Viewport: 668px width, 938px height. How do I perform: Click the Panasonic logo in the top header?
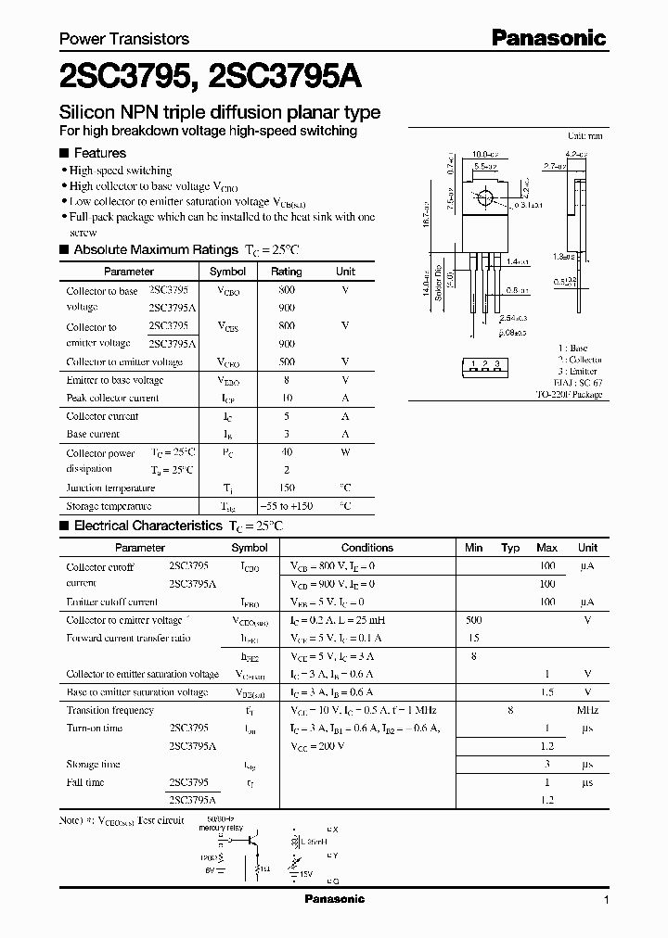548,38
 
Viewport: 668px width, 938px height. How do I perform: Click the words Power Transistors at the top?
124,39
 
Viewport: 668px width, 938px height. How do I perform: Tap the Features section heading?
99,153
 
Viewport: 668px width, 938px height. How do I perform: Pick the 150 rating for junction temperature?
286,488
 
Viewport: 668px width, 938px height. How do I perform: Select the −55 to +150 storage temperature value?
286,506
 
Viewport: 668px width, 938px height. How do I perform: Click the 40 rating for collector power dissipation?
286,453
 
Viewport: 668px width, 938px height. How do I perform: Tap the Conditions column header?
367,548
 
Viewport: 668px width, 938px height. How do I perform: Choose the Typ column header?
510,548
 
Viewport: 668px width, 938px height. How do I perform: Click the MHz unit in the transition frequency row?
587,710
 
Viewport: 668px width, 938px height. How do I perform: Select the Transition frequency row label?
109,710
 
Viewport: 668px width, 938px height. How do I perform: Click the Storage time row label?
93,764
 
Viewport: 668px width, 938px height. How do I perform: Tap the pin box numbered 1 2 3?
485,364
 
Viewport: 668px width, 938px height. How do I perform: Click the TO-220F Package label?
569,394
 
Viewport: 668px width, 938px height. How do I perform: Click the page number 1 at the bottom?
606,899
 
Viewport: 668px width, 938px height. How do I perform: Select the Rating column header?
286,272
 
